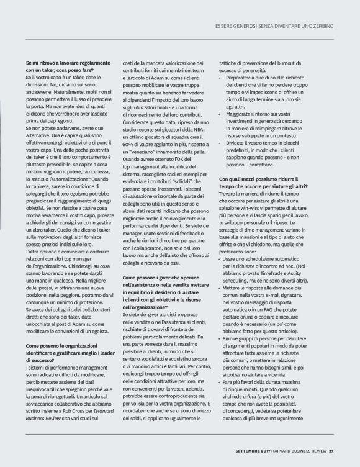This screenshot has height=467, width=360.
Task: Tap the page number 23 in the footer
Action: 333,451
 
